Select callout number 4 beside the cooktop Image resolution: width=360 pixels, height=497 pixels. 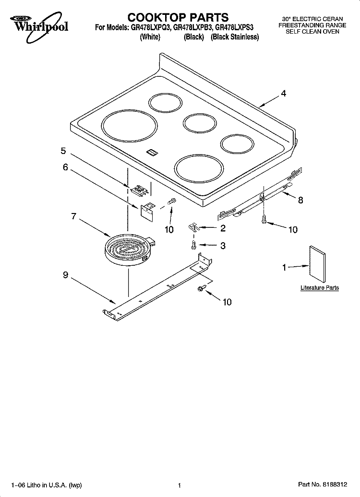(x=284, y=94)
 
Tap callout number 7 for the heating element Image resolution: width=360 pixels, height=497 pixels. (x=74, y=216)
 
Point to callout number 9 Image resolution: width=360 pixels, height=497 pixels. (x=66, y=275)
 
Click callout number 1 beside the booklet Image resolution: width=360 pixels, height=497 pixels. (x=284, y=268)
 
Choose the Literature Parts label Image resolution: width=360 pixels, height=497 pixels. (x=319, y=288)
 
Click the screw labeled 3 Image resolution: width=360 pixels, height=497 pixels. (x=192, y=246)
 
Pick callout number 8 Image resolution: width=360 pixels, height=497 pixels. (x=300, y=200)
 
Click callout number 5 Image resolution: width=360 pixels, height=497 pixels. (x=63, y=151)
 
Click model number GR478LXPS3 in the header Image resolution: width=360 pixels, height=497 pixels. (x=238, y=28)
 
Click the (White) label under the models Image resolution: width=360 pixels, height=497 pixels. (x=150, y=37)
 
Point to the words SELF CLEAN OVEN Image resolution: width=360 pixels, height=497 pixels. (x=312, y=32)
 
